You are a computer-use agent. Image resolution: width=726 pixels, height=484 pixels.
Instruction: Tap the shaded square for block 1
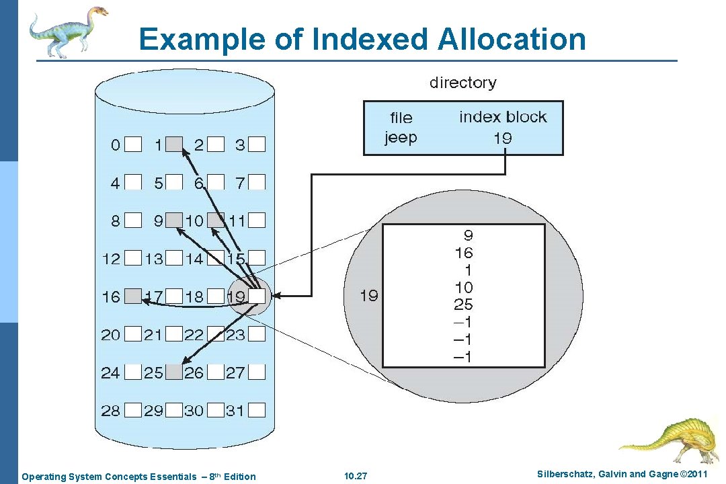pos(175,144)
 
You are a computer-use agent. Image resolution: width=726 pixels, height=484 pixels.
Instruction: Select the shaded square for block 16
pos(134,296)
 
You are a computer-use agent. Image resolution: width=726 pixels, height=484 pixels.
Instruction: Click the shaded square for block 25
pos(175,372)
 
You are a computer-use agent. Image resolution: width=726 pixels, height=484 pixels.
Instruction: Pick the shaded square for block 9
pos(175,220)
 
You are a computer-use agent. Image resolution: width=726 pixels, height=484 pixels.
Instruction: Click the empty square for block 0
pos(134,144)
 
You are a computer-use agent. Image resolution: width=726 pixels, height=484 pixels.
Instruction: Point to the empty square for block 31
pos(258,409)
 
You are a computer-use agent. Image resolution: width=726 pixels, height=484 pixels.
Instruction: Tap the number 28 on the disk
pos(110,410)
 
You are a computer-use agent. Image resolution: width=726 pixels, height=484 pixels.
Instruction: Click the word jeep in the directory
pos(401,137)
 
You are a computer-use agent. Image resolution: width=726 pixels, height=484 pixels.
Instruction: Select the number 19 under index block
pos(502,138)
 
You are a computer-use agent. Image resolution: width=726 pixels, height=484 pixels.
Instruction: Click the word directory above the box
pos(462,83)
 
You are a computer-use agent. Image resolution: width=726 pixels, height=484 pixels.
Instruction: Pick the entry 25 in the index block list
pos(463,305)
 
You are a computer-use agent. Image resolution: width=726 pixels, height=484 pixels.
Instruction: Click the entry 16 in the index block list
pos(463,253)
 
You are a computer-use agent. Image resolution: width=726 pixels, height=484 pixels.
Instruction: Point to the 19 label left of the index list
pos(368,295)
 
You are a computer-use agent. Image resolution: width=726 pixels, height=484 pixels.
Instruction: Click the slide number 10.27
pos(356,477)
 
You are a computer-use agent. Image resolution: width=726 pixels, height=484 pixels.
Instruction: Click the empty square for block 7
pos(258,182)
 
